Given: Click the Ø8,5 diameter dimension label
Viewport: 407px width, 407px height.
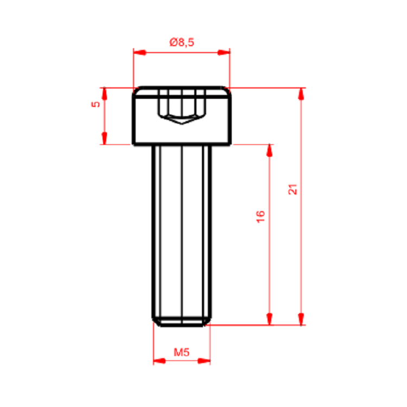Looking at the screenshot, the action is point(182,42).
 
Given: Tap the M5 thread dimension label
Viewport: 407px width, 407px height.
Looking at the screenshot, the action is point(181,352).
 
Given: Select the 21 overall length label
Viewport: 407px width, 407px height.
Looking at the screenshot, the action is point(293,189).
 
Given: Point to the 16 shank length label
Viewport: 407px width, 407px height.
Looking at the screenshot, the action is point(260,217).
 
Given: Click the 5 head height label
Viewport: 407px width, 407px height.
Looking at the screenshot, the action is point(96,104).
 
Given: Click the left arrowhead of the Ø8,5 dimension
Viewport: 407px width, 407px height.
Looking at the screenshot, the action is point(139,53).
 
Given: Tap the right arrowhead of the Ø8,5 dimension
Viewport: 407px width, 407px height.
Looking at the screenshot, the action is point(224,53).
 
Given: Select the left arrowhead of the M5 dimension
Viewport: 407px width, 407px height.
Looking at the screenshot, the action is point(160,360).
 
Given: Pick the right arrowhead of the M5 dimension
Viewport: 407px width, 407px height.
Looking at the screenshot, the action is point(204,360).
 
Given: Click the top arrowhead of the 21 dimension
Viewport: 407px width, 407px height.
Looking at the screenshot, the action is point(301,94).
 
